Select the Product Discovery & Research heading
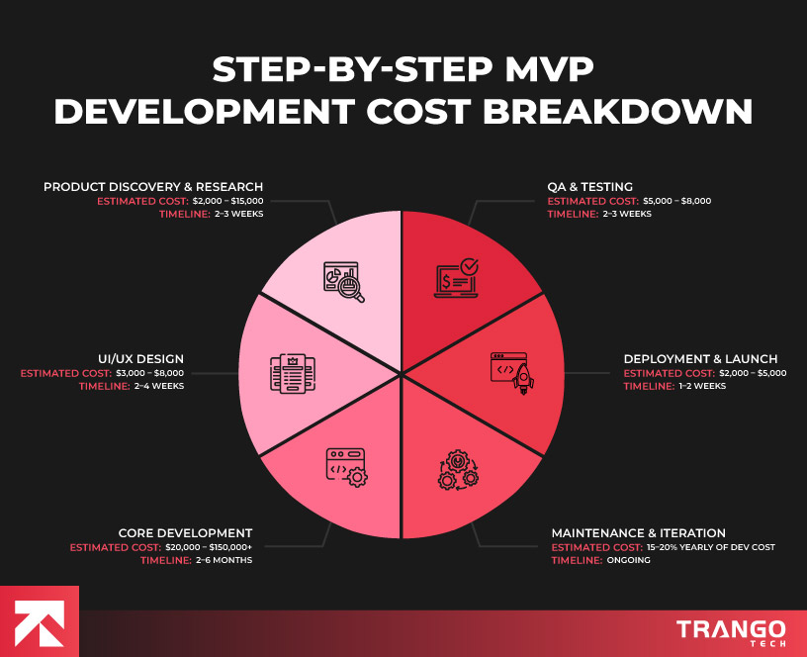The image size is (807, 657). point(153,186)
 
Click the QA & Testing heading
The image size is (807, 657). point(590,186)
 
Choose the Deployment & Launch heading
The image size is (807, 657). point(700,358)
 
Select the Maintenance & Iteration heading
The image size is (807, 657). point(638,532)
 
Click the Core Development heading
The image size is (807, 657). point(185,532)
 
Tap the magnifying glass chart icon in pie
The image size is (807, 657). point(343,281)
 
